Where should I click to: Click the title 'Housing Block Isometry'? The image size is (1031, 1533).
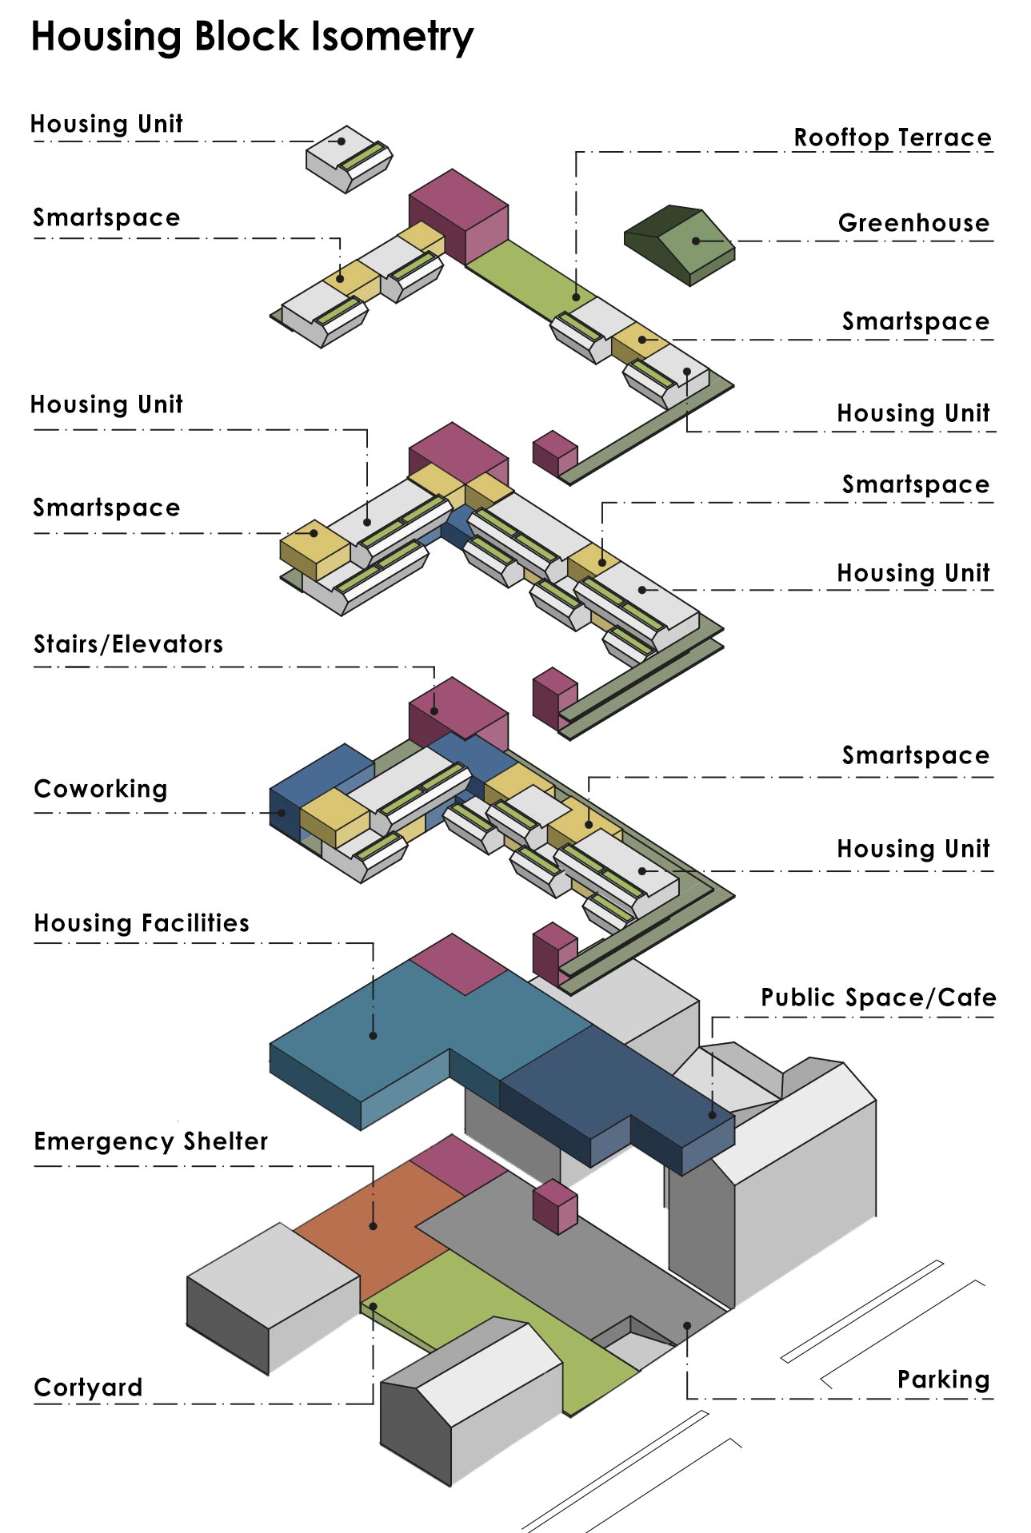point(252,38)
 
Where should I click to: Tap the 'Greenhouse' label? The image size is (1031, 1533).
point(913,223)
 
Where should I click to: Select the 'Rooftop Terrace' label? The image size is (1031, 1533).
point(893,137)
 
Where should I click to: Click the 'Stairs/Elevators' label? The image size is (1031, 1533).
point(128,644)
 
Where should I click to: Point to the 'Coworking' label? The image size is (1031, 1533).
point(101,789)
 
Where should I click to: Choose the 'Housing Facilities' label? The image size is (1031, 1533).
point(142,923)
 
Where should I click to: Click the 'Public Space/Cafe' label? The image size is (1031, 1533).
point(878,997)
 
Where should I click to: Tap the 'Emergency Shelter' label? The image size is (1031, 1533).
point(151,1141)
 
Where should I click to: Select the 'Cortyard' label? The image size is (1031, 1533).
point(88,1388)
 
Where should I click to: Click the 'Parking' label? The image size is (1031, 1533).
point(944,1380)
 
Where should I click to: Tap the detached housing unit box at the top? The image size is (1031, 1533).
point(349,158)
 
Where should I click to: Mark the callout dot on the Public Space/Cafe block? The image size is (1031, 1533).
point(712,1115)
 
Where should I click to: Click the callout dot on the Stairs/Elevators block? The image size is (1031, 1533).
point(434,711)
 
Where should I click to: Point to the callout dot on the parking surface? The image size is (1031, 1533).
point(686,1325)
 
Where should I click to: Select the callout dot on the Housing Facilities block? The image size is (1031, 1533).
point(373,1036)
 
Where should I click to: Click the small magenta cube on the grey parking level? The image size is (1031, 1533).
point(555,1207)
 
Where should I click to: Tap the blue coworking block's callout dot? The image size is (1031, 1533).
point(282,813)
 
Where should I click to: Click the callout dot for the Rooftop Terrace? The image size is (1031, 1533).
point(576,297)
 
